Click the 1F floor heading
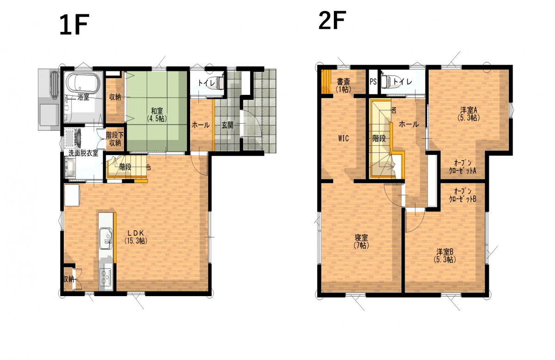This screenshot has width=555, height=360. [74, 25]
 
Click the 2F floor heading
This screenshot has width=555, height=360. [332, 20]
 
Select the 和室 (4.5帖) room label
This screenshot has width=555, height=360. [157, 114]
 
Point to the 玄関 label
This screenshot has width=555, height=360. [227, 125]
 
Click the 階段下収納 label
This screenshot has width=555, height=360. [115, 139]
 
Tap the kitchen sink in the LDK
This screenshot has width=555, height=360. [106, 238]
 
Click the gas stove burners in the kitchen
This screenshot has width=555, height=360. [105, 278]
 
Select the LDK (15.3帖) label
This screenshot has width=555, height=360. [136, 237]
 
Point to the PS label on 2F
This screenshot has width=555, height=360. [373, 81]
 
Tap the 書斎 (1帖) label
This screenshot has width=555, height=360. [343, 86]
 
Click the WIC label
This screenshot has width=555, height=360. [343, 138]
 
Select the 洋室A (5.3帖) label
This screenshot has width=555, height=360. [469, 113]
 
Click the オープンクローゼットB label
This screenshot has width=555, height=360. [462, 195]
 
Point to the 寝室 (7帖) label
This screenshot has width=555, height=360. [361, 241]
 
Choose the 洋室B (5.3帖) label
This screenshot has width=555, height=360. [445, 255]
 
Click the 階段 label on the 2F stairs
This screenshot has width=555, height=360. [379, 138]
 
